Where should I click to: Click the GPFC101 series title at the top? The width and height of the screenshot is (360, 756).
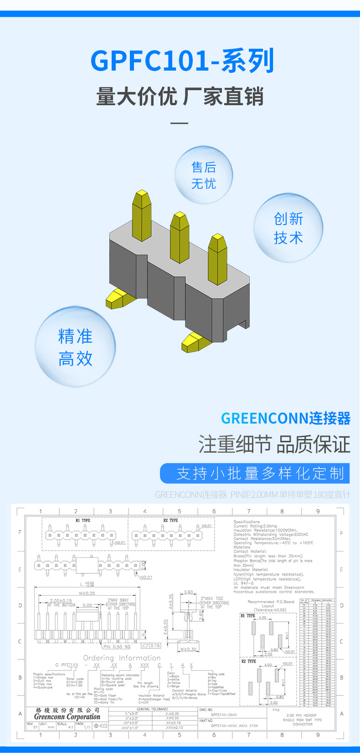(x=182, y=61)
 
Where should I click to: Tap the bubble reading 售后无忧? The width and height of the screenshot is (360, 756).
(x=203, y=175)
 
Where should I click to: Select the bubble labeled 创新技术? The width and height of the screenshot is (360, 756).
(x=288, y=228)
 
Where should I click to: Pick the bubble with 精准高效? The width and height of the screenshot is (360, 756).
(x=75, y=347)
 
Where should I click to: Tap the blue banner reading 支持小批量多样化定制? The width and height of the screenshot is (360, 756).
(x=255, y=473)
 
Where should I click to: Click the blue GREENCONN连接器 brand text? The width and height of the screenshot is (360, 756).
(x=285, y=418)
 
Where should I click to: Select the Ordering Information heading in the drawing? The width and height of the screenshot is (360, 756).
(x=122, y=658)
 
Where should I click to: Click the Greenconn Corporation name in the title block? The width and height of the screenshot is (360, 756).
(x=67, y=716)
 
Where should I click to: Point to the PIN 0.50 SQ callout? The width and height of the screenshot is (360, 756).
(x=117, y=646)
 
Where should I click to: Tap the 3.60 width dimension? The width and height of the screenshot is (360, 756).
(x=188, y=593)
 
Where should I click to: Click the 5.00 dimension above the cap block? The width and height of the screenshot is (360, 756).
(x=87, y=605)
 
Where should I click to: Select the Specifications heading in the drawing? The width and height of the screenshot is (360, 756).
(x=247, y=522)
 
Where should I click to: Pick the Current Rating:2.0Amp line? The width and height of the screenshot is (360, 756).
(x=255, y=526)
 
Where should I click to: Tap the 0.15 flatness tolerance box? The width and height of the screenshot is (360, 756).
(x=151, y=645)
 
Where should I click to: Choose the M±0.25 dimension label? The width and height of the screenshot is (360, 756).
(x=87, y=593)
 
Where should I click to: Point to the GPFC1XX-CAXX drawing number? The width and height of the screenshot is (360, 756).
(x=224, y=715)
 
